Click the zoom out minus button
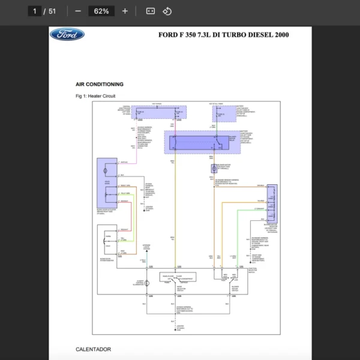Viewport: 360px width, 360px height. [78, 11]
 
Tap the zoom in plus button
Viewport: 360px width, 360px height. [125, 11]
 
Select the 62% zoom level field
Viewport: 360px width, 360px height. [101, 11]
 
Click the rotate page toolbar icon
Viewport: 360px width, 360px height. [167, 11]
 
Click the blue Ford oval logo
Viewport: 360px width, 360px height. [67, 34]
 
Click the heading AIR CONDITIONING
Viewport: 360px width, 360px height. [100, 85]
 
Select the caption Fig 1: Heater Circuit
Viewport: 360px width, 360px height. [95, 96]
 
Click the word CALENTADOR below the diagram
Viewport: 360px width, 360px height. [93, 349]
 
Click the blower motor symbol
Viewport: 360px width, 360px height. [213, 169]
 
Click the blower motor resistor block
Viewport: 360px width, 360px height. [271, 203]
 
